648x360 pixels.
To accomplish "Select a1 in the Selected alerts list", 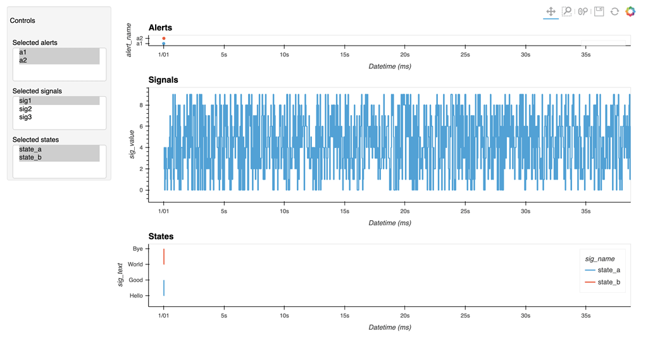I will tap(23, 53).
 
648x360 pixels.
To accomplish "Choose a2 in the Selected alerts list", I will tap(23, 61).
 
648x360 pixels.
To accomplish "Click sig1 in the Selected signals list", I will tap(25, 101).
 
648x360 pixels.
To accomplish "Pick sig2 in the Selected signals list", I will tap(25, 109).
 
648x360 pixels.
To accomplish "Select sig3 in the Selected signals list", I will tap(25, 117).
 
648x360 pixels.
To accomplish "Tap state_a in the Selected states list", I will tap(30, 149).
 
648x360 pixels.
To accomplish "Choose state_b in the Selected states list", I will tap(30, 158).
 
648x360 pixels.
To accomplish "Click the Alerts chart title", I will tap(160, 28).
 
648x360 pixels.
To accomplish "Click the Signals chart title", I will tap(163, 80).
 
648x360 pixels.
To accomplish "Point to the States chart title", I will tap(161, 237).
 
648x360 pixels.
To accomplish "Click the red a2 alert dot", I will tap(164, 39).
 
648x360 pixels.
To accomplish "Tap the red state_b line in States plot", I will tap(164, 256).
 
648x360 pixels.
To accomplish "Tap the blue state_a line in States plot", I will tap(164, 288).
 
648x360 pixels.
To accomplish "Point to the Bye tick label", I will tap(137, 249).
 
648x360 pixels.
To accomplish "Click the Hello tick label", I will tap(136, 295).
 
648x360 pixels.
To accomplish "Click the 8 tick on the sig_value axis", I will tap(141, 105).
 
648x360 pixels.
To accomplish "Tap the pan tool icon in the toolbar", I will tap(551, 11).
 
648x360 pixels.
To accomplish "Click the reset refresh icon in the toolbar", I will tap(614, 11).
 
